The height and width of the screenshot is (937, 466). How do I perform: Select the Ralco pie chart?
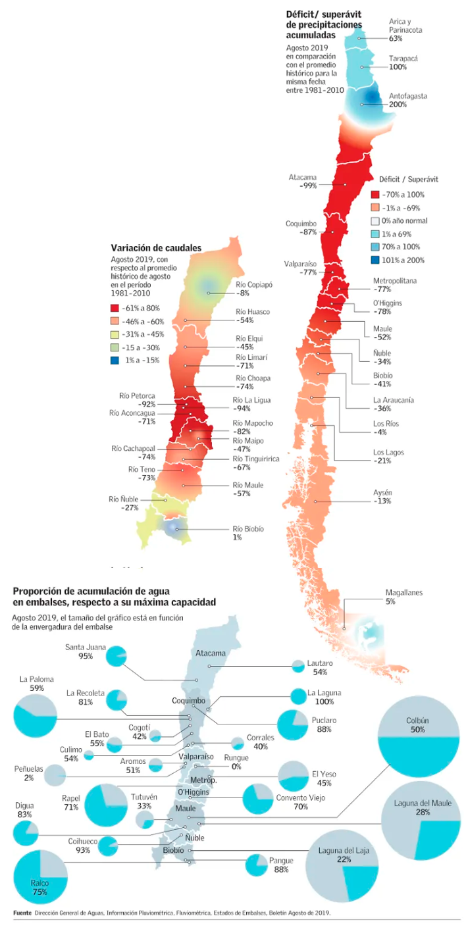(40, 877)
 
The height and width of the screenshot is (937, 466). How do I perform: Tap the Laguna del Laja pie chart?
(343, 867)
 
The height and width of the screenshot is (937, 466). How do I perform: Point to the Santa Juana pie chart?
(116, 656)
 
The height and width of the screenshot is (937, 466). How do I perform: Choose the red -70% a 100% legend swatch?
(375, 195)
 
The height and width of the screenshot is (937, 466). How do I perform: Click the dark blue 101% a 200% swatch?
(375, 260)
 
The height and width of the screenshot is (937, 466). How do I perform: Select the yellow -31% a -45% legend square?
(115, 334)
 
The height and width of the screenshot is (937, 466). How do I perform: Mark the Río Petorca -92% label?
(137, 400)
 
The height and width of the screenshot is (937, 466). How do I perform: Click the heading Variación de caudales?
(155, 248)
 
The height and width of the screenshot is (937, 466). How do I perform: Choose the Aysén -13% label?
(382, 497)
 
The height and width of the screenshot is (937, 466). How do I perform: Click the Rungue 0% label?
(236, 762)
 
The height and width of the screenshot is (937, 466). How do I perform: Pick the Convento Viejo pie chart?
(257, 799)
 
